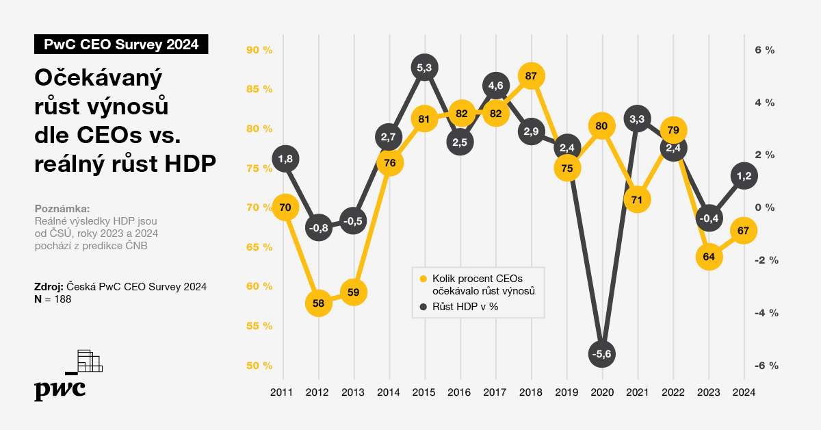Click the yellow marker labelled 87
(x=531, y=76)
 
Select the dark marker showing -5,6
(x=602, y=353)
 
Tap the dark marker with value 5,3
(x=424, y=67)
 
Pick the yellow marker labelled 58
(x=318, y=303)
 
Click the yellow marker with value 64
(x=709, y=257)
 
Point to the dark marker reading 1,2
(x=744, y=176)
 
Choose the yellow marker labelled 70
(x=285, y=207)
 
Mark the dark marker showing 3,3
(x=637, y=119)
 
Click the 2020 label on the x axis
(x=602, y=392)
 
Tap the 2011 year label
(x=282, y=392)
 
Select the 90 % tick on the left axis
(x=259, y=50)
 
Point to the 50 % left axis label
(x=259, y=366)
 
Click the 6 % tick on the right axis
(x=764, y=50)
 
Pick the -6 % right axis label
(x=766, y=366)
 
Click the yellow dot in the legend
(x=423, y=279)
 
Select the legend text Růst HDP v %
(x=465, y=307)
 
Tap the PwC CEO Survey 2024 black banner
(x=121, y=45)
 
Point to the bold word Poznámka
(x=62, y=209)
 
